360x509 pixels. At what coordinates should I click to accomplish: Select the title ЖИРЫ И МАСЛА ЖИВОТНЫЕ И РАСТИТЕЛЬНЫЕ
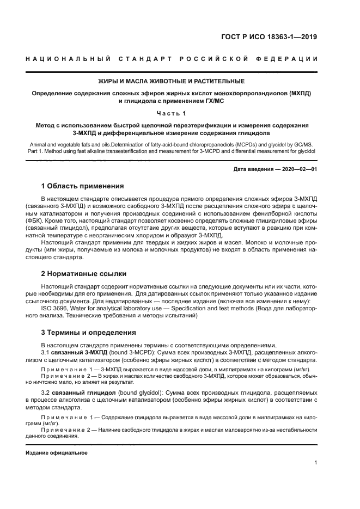171,82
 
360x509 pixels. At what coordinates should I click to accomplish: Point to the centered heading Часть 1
171,113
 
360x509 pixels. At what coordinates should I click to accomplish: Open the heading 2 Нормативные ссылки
84,273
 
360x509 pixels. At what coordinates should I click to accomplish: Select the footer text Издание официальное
57,453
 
